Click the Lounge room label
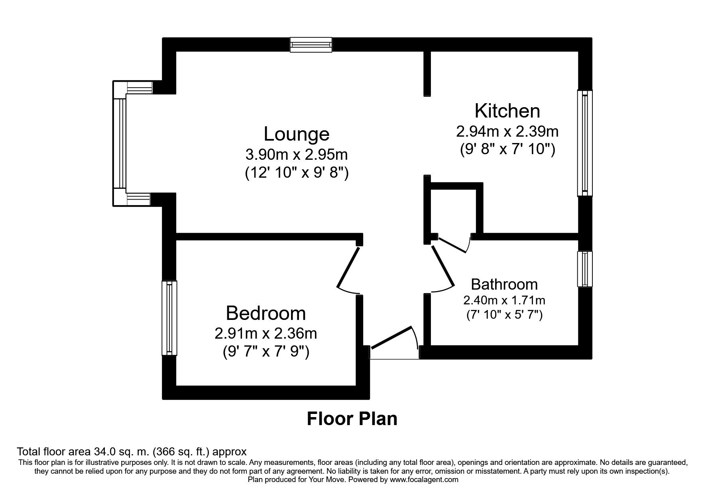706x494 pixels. (297, 134)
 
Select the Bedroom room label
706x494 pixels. (265, 313)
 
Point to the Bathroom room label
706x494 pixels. (504, 284)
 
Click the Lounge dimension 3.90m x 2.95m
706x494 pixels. (297, 154)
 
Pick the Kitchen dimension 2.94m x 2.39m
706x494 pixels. (507, 131)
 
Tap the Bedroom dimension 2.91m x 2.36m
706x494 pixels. (265, 333)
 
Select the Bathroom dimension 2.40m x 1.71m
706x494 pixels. (504, 300)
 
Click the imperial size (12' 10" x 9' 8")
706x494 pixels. (297, 173)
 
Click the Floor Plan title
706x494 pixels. (352, 419)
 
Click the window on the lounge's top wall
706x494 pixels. (311, 45)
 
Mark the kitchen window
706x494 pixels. (585, 143)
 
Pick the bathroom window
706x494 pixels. (585, 269)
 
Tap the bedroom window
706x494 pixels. (169, 318)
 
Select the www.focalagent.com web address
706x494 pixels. (424, 480)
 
